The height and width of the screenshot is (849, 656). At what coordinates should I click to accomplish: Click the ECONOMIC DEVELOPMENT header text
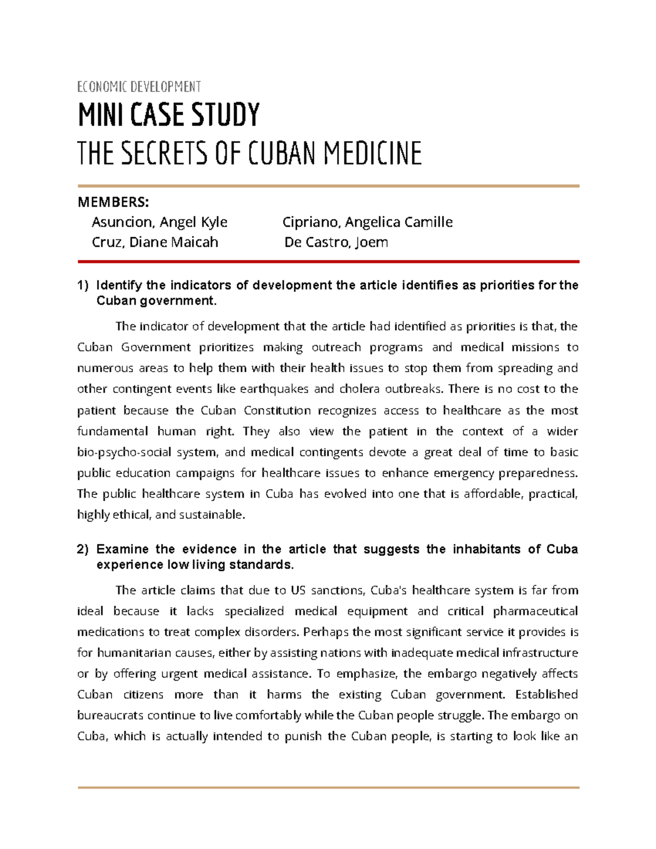point(139,87)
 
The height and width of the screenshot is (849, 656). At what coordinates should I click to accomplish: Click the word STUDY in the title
point(225,115)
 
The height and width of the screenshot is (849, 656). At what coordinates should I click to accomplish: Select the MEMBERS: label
point(113,202)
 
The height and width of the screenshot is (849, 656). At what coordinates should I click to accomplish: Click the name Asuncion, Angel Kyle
point(159,222)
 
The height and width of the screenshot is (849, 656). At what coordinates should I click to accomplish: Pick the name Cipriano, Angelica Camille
point(367,222)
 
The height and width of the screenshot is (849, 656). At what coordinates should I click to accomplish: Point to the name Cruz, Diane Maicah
point(155,242)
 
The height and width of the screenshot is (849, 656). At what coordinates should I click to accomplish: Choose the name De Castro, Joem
point(336,242)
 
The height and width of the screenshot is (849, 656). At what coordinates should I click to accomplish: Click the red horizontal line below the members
point(328,262)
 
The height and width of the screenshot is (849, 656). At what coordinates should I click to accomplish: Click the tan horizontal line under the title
point(328,186)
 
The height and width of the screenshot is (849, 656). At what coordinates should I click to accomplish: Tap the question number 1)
point(83,285)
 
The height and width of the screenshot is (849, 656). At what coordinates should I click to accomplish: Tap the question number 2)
point(83,549)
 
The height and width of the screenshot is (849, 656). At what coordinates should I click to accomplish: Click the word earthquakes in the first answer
point(274,389)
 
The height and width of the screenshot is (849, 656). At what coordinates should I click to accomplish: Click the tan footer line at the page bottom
point(328,788)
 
